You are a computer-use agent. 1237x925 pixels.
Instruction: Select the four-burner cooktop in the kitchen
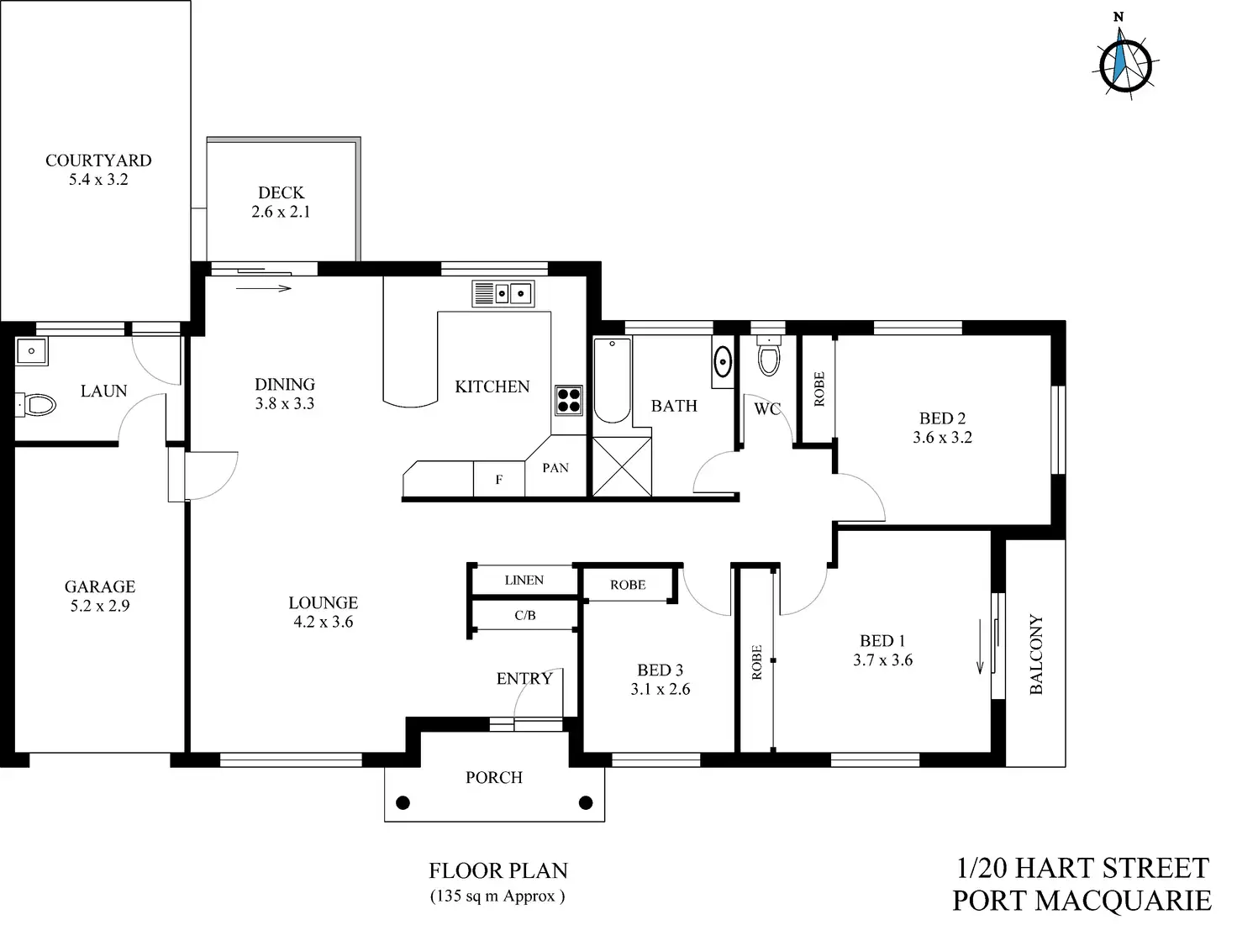click(569, 399)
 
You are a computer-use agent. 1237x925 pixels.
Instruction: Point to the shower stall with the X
click(621, 466)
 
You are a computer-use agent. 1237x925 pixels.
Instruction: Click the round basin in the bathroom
click(722, 362)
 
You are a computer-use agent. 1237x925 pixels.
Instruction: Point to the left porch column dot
click(403, 802)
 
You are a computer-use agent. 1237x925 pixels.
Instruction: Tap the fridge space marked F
click(499, 480)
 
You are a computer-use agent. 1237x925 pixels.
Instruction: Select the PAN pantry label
click(555, 468)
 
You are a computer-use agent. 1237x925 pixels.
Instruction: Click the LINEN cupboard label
click(524, 581)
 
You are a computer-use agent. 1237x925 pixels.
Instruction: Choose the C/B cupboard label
click(524, 616)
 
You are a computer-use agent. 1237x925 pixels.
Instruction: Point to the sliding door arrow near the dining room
click(264, 289)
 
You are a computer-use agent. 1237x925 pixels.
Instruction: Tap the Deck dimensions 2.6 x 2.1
click(281, 213)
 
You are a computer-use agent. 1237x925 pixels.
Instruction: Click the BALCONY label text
click(1036, 654)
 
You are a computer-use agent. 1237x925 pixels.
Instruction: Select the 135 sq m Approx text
click(497, 896)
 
